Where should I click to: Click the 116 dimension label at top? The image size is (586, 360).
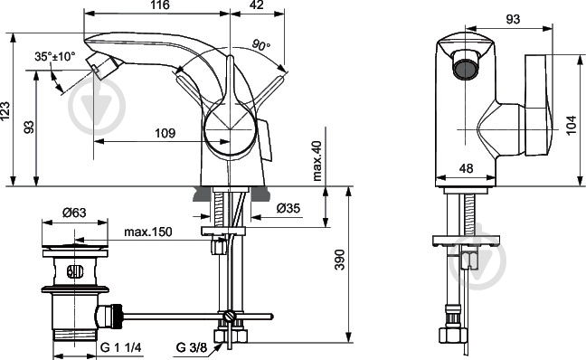161,5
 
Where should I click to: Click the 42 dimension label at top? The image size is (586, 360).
256,5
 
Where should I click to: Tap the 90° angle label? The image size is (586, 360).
260,45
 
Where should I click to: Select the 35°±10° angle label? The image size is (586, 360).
55,56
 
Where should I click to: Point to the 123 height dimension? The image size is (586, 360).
5,111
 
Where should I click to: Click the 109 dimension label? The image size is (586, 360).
165,133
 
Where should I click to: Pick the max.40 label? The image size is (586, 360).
317,161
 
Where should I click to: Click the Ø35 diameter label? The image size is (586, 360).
288,208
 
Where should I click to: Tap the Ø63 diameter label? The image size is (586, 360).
74,213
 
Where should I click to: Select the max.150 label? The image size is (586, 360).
148,232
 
